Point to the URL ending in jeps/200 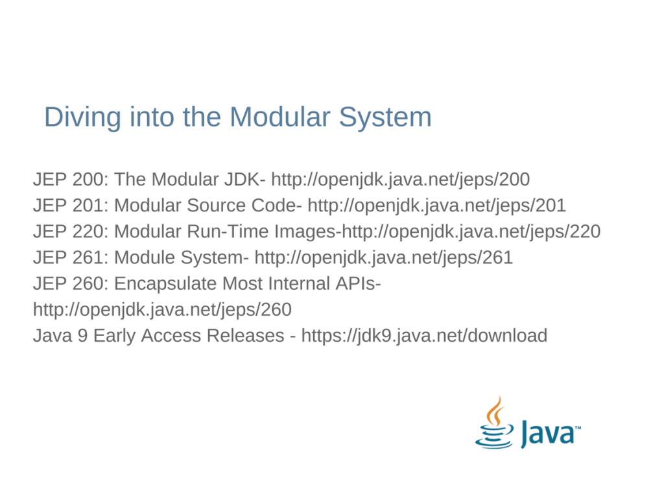400,180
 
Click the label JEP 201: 71,206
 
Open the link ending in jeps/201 436,206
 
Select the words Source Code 244,206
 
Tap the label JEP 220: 71,231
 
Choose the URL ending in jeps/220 471,231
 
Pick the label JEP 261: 71,257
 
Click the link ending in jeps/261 383,257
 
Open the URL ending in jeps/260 162,309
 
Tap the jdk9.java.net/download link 424,335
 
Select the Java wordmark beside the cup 551,433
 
